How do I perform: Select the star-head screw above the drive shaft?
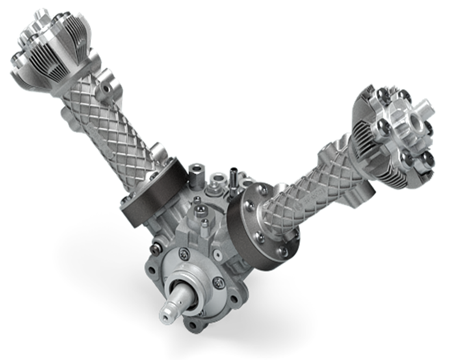click(x=184, y=253)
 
